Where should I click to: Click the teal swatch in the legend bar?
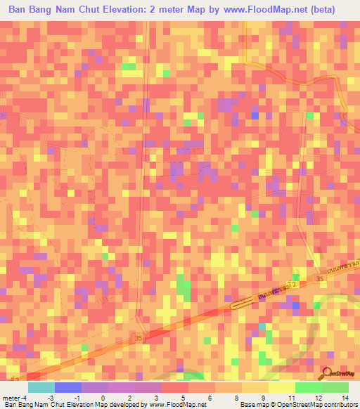click(41, 388)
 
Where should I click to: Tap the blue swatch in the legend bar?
click(68, 388)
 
